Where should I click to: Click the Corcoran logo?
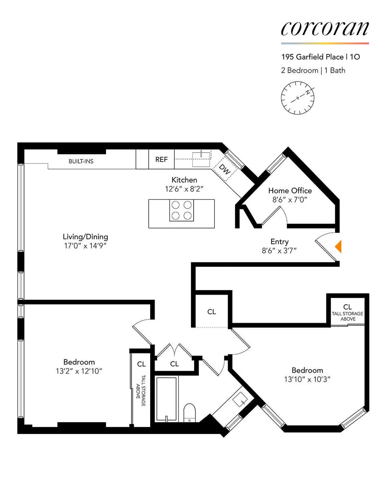(325, 29)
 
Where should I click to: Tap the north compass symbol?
(298, 98)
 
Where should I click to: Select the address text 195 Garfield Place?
(312, 57)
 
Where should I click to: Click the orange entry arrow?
(338, 246)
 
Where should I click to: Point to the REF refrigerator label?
(161, 159)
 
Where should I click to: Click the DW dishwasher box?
(224, 169)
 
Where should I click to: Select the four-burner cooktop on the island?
(182, 210)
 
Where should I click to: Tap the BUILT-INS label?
(81, 161)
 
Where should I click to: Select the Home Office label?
(290, 191)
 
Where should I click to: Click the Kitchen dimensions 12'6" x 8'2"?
(184, 189)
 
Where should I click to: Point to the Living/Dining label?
(85, 237)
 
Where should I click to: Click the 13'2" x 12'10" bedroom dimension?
(79, 371)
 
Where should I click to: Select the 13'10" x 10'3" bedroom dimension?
(307, 379)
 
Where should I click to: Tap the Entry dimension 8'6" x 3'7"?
(279, 251)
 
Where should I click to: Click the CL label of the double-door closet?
(174, 364)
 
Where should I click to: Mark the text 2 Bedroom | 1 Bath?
(313, 70)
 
